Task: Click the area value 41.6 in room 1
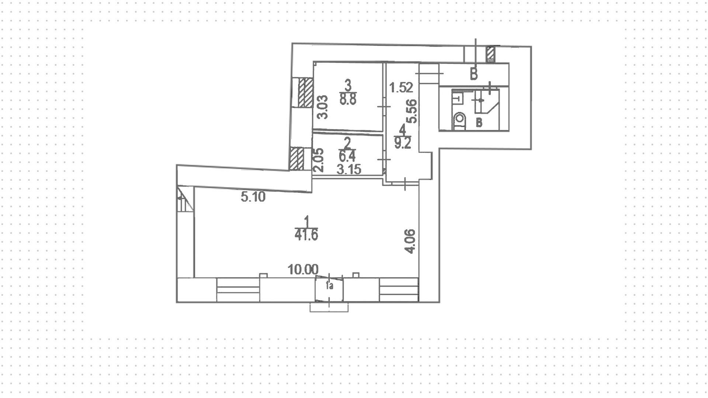click(306, 235)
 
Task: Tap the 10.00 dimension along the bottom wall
click(303, 270)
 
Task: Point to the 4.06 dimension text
click(410, 241)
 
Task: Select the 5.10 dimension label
click(253, 197)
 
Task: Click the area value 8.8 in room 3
click(348, 100)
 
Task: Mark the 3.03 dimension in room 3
click(323, 107)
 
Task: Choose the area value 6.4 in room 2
click(347, 157)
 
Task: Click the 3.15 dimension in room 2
click(349, 169)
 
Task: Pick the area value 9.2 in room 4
click(402, 143)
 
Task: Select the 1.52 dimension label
click(401, 88)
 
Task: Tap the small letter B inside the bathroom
click(479, 122)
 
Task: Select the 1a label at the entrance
click(330, 286)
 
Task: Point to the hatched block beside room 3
click(305, 92)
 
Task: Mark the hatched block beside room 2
click(296, 159)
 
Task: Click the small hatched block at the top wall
click(490, 54)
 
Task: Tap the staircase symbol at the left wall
click(185, 199)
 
